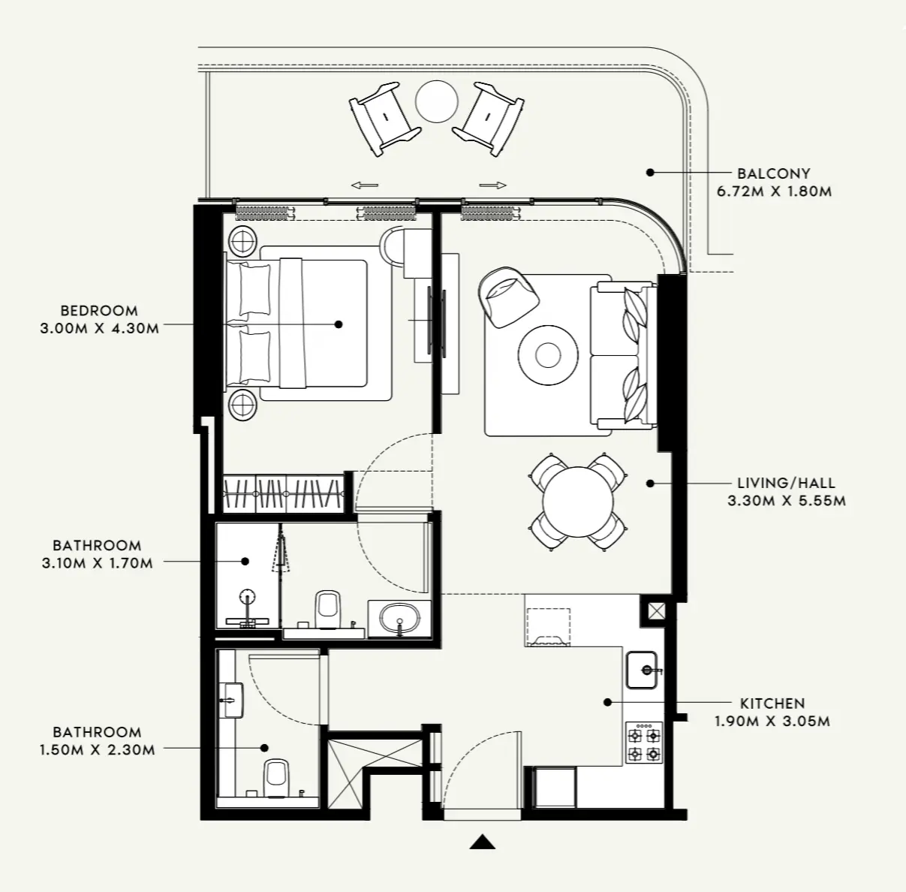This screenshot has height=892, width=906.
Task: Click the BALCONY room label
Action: coord(773,173)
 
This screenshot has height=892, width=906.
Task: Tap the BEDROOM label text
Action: coord(99,310)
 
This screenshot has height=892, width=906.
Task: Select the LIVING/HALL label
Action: coord(786,483)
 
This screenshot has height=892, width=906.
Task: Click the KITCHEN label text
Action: coord(772,704)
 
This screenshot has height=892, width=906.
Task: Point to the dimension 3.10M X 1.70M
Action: coord(98,563)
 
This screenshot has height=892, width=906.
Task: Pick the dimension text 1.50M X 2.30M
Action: coord(98,749)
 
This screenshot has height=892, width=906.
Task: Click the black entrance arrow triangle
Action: coord(482,842)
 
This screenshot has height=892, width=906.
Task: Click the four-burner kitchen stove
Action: coord(644,743)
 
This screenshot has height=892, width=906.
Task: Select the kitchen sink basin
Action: coord(642,669)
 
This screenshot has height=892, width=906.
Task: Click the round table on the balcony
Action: coord(436,101)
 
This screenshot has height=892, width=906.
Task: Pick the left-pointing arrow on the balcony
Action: coord(365,185)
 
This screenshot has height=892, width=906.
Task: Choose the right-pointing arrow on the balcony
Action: coord(492,185)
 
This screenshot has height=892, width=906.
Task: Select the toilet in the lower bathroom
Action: coord(276,777)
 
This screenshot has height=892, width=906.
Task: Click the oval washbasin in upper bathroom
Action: coord(399,619)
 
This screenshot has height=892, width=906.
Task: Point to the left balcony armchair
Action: coord(382,119)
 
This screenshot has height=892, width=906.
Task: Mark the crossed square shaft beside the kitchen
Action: coord(656,611)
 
